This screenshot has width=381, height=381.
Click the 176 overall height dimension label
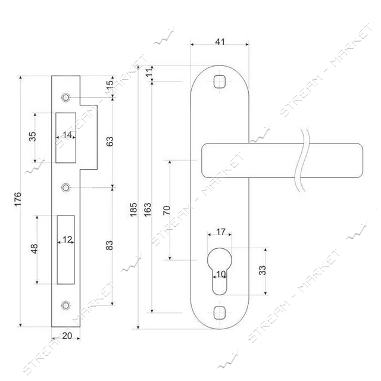click(18, 199)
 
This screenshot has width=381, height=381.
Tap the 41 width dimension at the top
click(220, 42)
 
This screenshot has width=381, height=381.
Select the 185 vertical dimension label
click(133, 210)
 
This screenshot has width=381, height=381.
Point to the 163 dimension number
click(148, 210)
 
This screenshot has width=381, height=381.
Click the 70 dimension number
click(167, 210)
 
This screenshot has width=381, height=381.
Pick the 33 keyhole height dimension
click(263, 270)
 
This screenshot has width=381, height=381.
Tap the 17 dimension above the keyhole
click(221, 232)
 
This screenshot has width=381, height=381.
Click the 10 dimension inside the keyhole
click(221, 274)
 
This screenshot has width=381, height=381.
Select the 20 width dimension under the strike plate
click(67, 336)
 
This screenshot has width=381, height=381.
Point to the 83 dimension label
click(110, 245)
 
